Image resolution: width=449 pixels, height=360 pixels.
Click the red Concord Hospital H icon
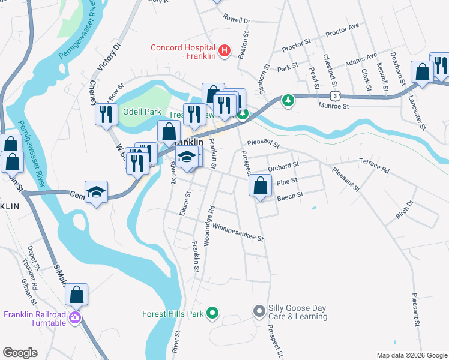[224, 52]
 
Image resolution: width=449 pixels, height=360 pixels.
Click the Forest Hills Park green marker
[212, 313]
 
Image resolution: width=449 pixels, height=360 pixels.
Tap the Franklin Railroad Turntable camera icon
[75, 317]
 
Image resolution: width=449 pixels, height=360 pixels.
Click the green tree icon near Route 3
[289, 100]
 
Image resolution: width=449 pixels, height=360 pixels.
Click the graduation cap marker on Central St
[96, 192]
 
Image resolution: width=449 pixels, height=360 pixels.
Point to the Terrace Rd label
[374, 166]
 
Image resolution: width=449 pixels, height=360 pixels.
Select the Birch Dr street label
[405, 209]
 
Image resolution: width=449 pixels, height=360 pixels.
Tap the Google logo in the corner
[20, 352]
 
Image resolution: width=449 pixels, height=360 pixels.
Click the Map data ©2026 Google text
[411, 355]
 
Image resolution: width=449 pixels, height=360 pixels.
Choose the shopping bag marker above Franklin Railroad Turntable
[76, 295]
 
